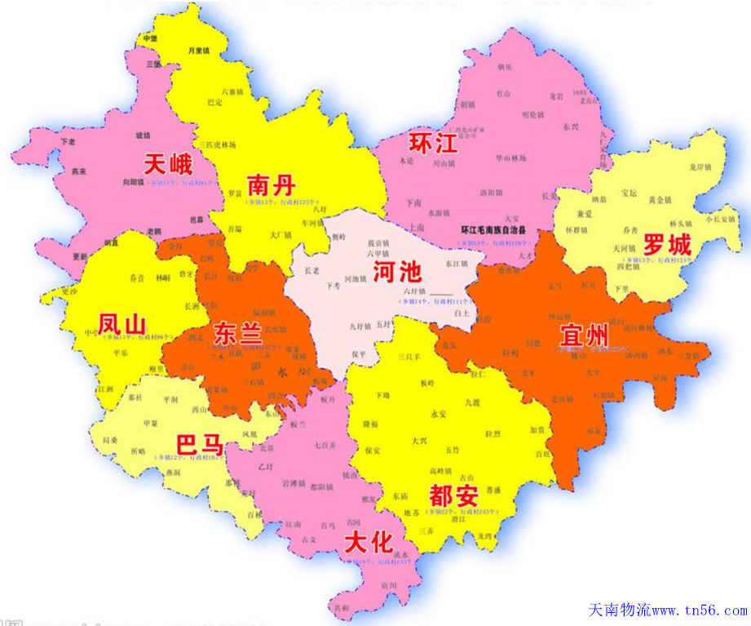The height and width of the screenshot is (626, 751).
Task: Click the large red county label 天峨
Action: click(168, 164)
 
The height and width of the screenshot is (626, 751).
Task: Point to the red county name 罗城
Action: click(667, 244)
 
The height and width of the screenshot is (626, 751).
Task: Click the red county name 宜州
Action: click(584, 334)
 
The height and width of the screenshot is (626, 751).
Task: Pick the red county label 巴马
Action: click(200, 445)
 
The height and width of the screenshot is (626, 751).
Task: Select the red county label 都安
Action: click(453, 494)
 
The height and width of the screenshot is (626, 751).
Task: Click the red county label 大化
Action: click(369, 542)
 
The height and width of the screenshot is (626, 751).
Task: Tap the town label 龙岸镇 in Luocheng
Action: click(701, 166)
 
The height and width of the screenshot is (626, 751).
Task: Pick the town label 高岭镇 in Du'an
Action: click(441, 471)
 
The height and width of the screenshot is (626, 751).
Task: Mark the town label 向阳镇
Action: click(133, 183)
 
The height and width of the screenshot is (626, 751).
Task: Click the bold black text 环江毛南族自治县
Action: click(493, 230)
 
